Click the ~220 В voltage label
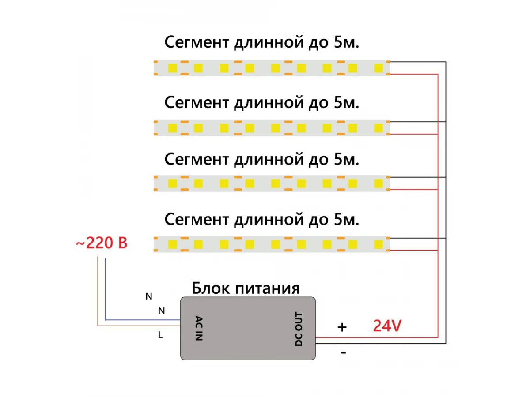(x=102, y=243)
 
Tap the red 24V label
(x=387, y=326)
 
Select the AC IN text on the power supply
(x=199, y=328)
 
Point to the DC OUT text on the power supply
(x=299, y=329)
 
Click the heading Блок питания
(x=246, y=288)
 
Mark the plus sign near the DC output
(x=342, y=327)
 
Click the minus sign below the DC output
(x=343, y=353)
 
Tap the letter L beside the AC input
(x=160, y=334)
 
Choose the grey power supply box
(x=248, y=328)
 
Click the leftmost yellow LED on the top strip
(x=172, y=68)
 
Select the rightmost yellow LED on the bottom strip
(x=379, y=244)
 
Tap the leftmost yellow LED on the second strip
(x=172, y=128)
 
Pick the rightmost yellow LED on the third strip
(x=379, y=184)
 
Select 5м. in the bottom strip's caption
(x=347, y=219)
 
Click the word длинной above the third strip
(x=269, y=160)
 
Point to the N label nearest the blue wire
(x=161, y=311)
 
